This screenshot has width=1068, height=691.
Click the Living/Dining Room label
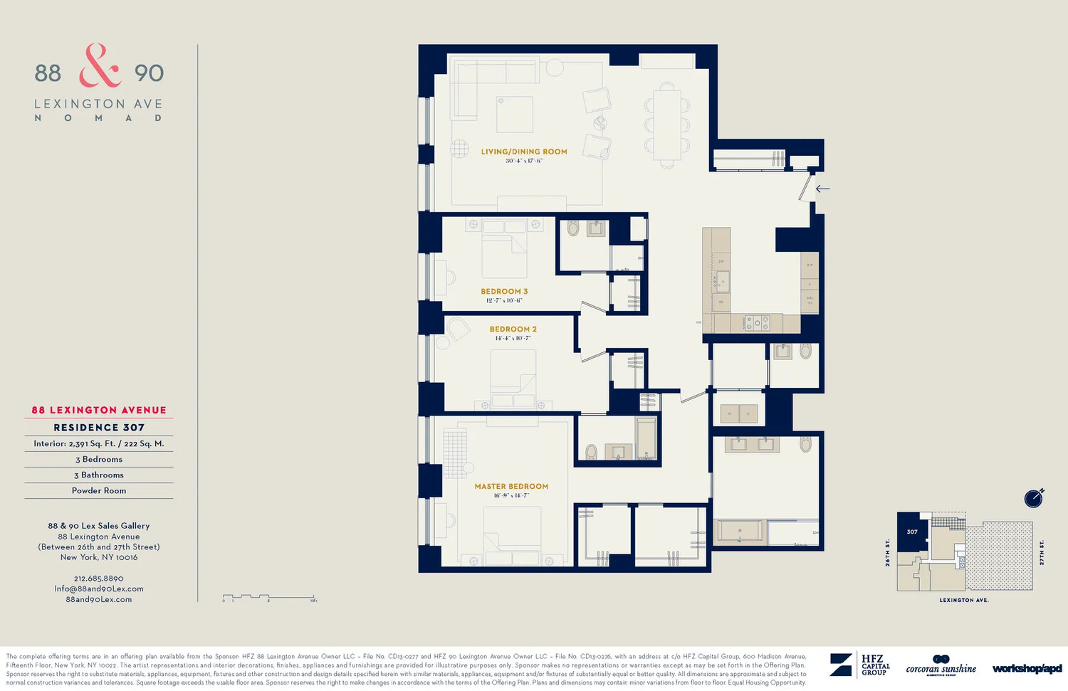(524, 152)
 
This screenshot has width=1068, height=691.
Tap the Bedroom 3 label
(504, 292)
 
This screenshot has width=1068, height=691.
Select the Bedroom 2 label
(513, 329)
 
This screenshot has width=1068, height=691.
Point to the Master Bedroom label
(511, 487)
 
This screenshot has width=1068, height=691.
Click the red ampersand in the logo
(99, 66)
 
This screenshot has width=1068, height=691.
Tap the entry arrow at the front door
(822, 189)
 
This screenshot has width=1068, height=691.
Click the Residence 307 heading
(99, 428)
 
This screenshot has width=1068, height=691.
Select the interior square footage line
(99, 444)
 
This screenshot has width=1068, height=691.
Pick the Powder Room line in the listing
(99, 491)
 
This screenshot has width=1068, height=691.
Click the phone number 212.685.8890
(99, 579)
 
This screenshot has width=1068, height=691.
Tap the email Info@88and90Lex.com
(99, 589)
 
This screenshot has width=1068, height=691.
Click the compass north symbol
(1034, 498)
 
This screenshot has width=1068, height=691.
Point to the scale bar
(269, 598)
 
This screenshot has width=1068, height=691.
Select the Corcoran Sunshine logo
(941, 665)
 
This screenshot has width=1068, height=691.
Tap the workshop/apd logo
(1026, 668)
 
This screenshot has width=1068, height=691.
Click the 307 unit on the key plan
(911, 532)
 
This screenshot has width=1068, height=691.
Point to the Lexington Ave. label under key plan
(963, 600)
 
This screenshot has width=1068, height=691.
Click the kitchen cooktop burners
(757, 323)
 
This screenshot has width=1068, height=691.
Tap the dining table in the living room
(667, 125)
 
